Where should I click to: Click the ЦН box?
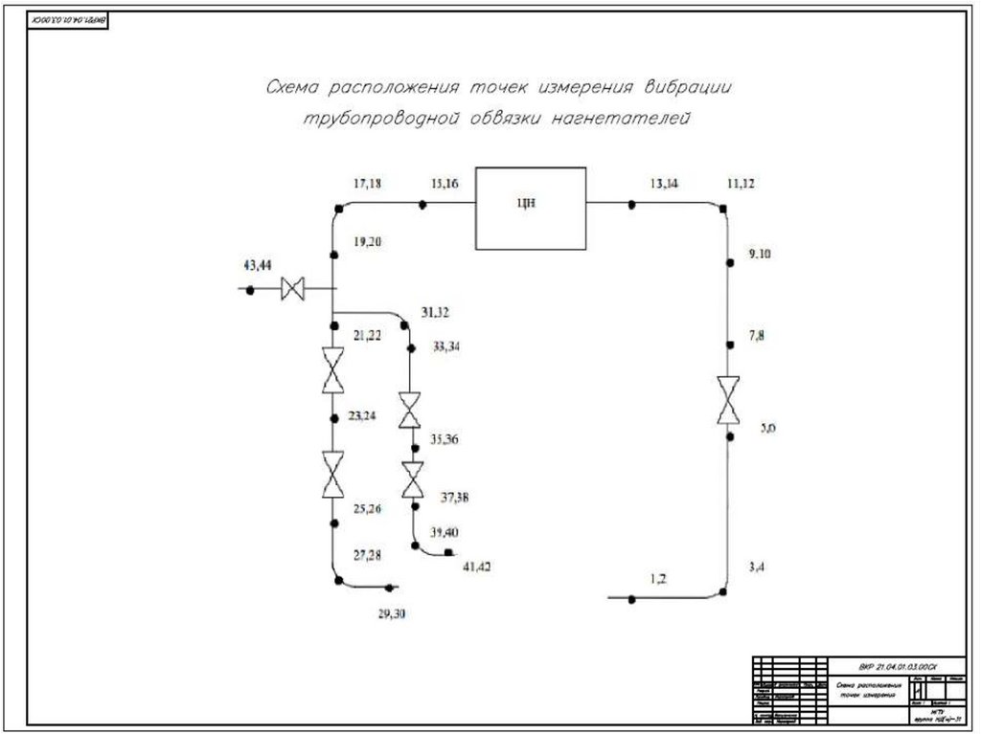click(x=531, y=209)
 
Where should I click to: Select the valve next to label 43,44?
click(x=293, y=288)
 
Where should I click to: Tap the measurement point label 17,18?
click(x=367, y=183)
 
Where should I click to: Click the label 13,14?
click(x=663, y=183)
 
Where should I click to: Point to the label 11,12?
click(x=741, y=183)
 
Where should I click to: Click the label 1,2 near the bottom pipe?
click(x=658, y=578)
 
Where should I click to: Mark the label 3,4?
click(x=757, y=567)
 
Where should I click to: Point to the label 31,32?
click(x=435, y=312)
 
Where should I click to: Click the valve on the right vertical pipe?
click(x=728, y=400)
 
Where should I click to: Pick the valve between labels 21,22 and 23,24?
click(x=332, y=370)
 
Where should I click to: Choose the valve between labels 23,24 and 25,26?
click(x=332, y=475)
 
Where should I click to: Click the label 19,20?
click(x=367, y=242)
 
